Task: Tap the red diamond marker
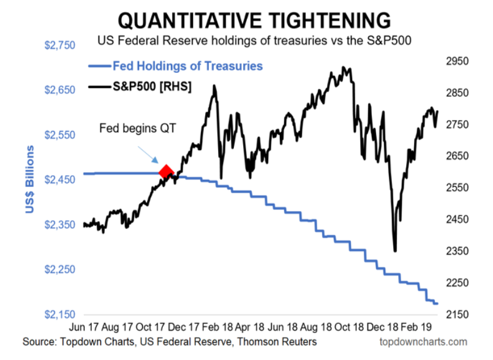[166, 172]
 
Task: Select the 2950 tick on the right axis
[458, 61]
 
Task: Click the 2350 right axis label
[458, 251]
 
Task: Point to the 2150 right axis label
[458, 315]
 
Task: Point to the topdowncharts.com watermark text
[424, 342]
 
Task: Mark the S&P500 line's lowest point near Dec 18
[395, 250]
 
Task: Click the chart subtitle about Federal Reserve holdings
[253, 41]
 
